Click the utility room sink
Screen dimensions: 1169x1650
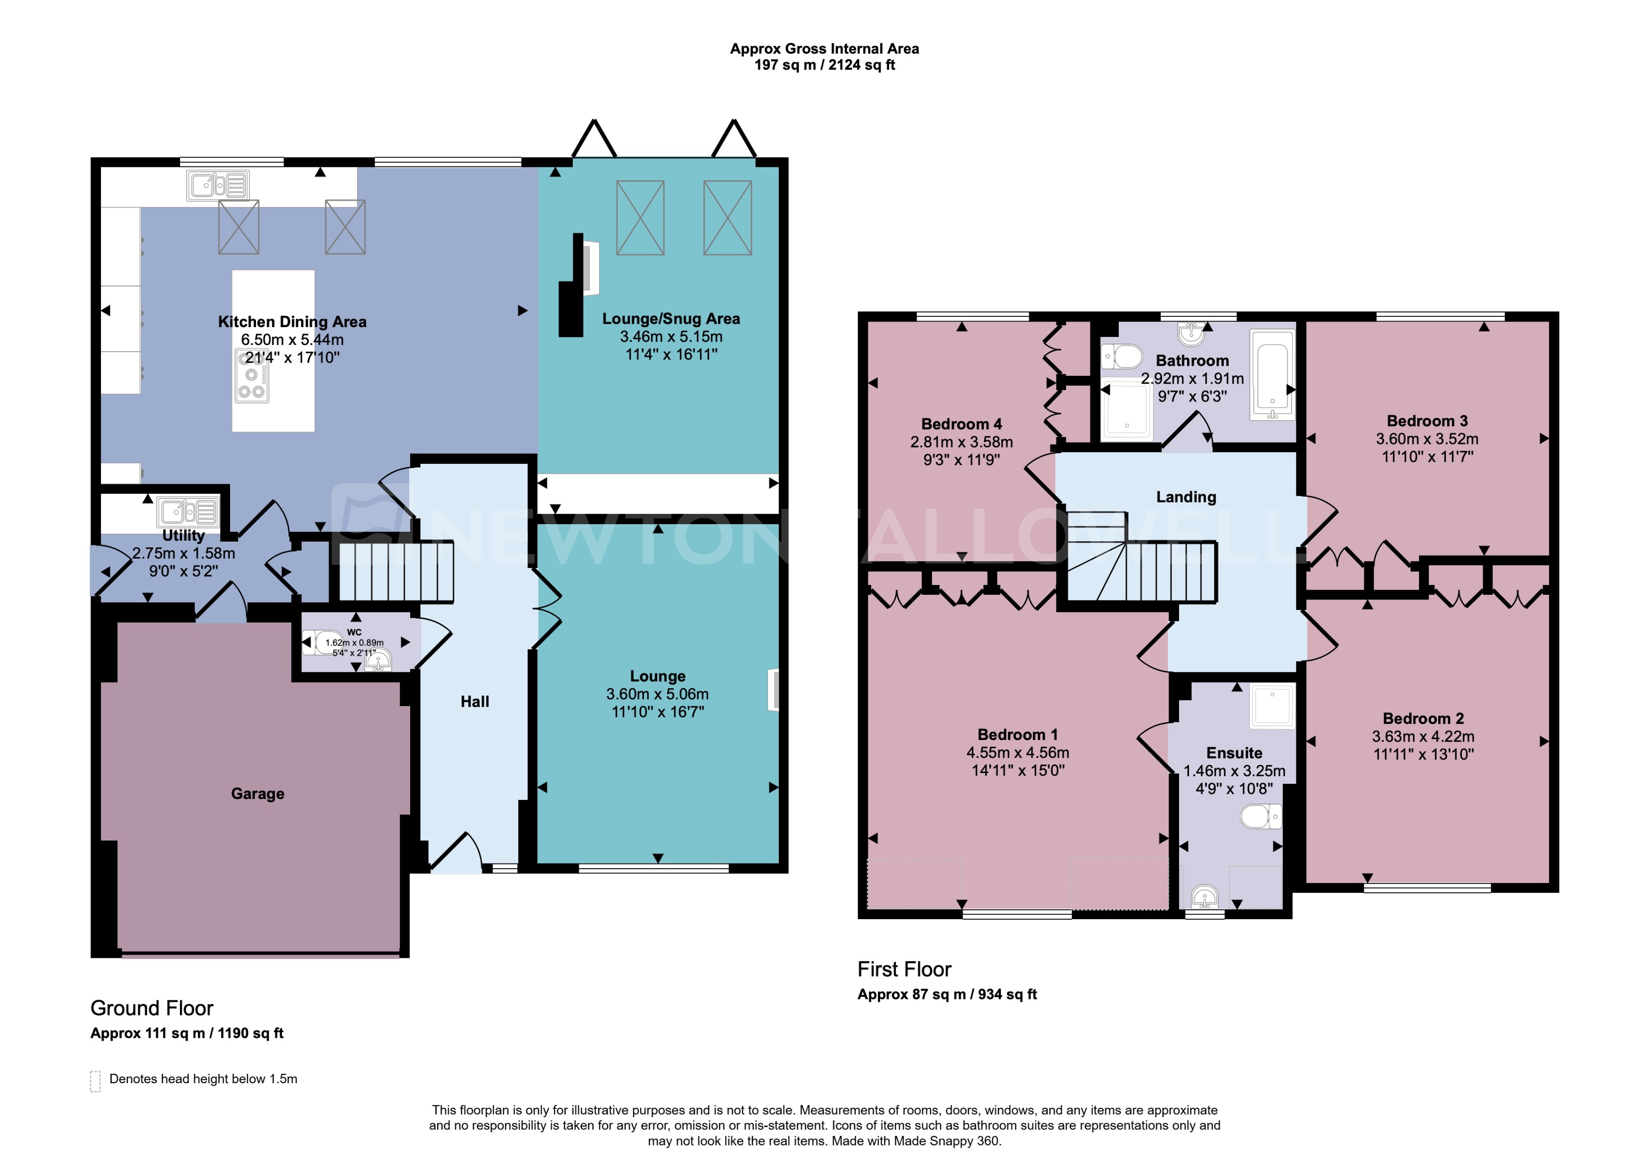[x=189, y=512]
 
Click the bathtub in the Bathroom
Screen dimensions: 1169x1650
[x=1272, y=374]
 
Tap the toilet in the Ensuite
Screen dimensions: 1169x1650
[x=1261, y=816]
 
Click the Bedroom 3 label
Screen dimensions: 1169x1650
[x=1427, y=421]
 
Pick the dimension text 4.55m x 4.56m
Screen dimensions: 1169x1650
[x=1017, y=752]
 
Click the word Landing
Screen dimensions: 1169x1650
[x=1186, y=497]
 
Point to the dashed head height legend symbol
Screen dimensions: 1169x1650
[x=95, y=1081]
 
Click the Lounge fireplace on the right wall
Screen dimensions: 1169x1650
[x=775, y=690]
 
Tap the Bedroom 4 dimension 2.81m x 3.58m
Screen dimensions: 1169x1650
[x=961, y=442]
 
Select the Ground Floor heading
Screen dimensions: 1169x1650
[x=151, y=1008]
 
